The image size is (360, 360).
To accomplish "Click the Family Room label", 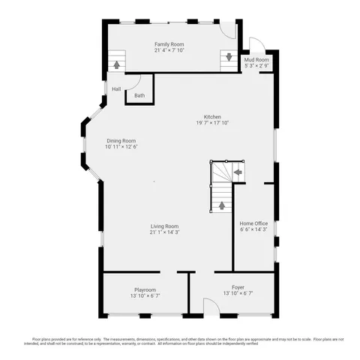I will coord(169,44).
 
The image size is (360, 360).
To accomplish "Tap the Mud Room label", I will coord(256,59).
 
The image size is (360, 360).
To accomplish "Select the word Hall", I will coord(116,89).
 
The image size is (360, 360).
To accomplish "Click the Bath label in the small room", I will coord(139,95).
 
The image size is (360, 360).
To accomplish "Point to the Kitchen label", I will coord(212,116).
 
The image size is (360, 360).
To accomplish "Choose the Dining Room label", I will coord(121,140).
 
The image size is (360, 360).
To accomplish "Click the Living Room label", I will coord(164,226).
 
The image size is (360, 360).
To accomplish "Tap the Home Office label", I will coord(253,223).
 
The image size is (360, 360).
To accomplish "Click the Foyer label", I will coord(238,286).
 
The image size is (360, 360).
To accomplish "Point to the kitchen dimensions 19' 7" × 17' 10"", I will coord(212,123).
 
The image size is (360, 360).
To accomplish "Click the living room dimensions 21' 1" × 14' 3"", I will coord(164,232).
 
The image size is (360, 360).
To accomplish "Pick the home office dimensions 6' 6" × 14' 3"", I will coord(253,230).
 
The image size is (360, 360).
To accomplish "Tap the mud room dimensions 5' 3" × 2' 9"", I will coord(256,66).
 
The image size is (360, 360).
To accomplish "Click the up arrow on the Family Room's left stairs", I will coord(116,64).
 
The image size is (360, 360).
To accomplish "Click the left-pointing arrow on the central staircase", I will coord(238,172).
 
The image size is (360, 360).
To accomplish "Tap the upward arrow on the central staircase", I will coord(221,204).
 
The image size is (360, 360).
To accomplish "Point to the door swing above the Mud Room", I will coord(256,43).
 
